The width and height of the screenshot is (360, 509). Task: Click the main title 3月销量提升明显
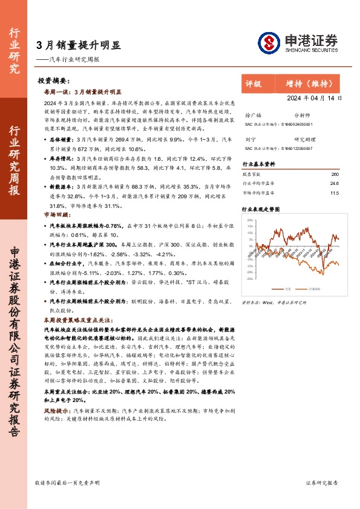(x=78, y=45)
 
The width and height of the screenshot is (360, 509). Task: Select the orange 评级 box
(x=254, y=84)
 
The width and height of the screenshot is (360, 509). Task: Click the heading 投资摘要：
(x=54, y=80)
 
